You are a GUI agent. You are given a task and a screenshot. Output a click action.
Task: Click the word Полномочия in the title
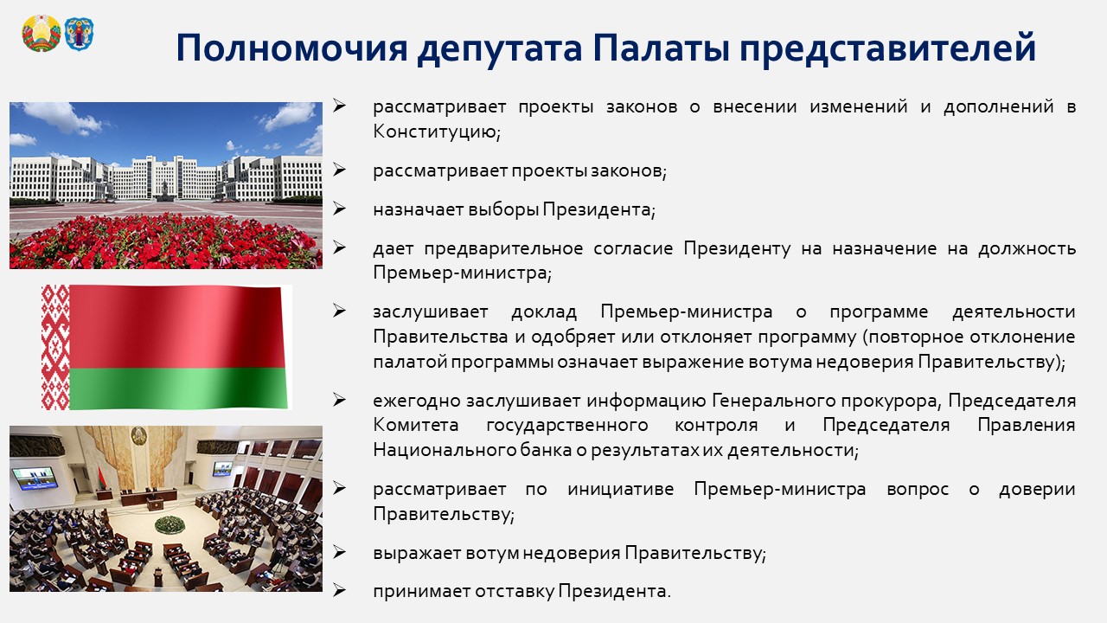pyautogui.click(x=292, y=48)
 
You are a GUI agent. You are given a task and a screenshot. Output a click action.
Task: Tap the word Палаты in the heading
pyautogui.click(x=661, y=48)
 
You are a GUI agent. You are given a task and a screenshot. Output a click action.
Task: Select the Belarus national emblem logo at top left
pyautogui.click(x=41, y=33)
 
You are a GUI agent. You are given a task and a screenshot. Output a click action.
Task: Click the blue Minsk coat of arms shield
pyautogui.click(x=79, y=34)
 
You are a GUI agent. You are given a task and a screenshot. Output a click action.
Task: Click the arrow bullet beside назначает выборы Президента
pyautogui.click(x=339, y=209)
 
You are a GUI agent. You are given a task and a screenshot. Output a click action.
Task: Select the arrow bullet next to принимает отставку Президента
pyautogui.click(x=339, y=590)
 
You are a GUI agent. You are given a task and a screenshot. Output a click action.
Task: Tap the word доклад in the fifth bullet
pyautogui.click(x=544, y=312)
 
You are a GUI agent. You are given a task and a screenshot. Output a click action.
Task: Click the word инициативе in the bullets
pyautogui.click(x=620, y=489)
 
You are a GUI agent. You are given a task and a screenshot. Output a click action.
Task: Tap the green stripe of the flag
pyautogui.click(x=178, y=389)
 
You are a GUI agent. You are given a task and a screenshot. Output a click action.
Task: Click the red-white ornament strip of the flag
pyautogui.click(x=55, y=347)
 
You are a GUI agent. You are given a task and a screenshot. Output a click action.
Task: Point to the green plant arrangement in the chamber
pyautogui.click(x=170, y=524)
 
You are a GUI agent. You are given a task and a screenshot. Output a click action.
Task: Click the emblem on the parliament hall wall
pyautogui.click(x=139, y=436)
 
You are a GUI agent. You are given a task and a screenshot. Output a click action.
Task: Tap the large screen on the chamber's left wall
pyautogui.click(x=35, y=478)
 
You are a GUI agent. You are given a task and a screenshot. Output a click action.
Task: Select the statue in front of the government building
pyautogui.click(x=164, y=189)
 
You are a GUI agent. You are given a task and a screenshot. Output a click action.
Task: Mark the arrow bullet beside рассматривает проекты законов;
pyautogui.click(x=339, y=170)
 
